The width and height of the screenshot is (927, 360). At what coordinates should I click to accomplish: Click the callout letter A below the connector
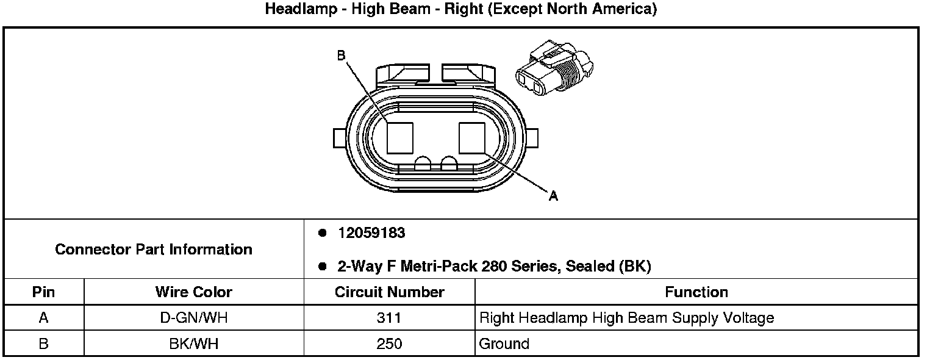pyautogui.click(x=553, y=196)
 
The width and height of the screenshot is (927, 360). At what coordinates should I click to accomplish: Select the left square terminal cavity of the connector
pyautogui.click(x=399, y=137)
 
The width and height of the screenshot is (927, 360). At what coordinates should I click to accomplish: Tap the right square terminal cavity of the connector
pyautogui.click(x=472, y=137)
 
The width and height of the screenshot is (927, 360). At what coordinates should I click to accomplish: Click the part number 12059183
pyautogui.click(x=371, y=233)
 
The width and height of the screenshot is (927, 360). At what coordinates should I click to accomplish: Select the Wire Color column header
pyautogui.click(x=193, y=292)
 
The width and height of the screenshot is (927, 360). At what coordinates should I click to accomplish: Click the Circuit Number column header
pyautogui.click(x=389, y=292)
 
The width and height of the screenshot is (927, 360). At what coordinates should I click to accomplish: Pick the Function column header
pyautogui.click(x=696, y=292)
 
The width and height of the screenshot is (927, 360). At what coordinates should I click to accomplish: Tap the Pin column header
pyautogui.click(x=43, y=292)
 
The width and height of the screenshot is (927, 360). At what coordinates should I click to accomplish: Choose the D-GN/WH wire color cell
pyautogui.click(x=193, y=318)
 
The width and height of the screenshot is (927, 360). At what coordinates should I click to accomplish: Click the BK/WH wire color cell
pyautogui.click(x=193, y=344)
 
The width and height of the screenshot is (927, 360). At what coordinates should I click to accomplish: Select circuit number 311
pyautogui.click(x=389, y=318)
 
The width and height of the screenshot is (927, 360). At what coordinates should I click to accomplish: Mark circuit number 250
pyautogui.click(x=389, y=344)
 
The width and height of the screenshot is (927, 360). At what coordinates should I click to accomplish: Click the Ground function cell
pyautogui.click(x=504, y=344)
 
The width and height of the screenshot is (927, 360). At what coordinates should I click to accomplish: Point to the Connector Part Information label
pyautogui.click(x=154, y=250)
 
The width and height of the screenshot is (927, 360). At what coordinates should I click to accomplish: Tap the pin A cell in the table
pyautogui.click(x=43, y=318)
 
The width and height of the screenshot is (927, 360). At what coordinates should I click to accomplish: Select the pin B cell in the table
pyautogui.click(x=43, y=344)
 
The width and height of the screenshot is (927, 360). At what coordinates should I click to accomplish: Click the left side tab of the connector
pyautogui.click(x=339, y=138)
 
